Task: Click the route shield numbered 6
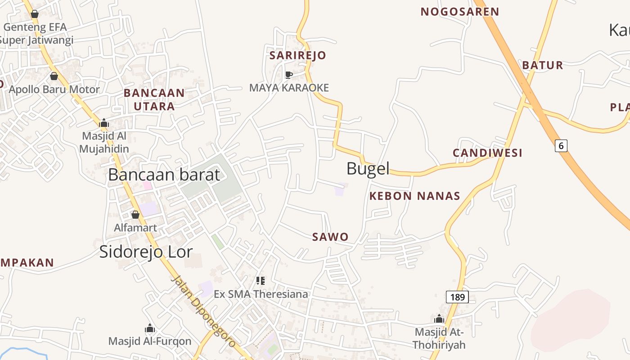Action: pyautogui.click(x=561, y=145)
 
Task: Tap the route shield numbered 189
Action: pyautogui.click(x=457, y=297)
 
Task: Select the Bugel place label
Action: pyautogui.click(x=368, y=169)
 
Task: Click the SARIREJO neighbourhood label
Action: pyautogui.click(x=297, y=55)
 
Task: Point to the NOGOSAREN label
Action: pyautogui.click(x=460, y=12)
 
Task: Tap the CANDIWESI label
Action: pyautogui.click(x=487, y=153)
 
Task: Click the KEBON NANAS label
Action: pyautogui.click(x=414, y=196)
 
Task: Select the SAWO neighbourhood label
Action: pyautogui.click(x=330, y=237)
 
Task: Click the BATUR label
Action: pyautogui.click(x=542, y=65)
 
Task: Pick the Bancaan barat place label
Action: pyautogui.click(x=164, y=175)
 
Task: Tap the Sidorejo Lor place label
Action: pyautogui.click(x=146, y=252)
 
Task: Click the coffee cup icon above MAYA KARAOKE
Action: pyautogui.click(x=289, y=74)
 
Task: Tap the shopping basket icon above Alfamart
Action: pyautogui.click(x=135, y=215)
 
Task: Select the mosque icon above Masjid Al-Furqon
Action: pyautogui.click(x=150, y=328)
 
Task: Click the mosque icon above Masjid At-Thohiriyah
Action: pyautogui.click(x=439, y=319)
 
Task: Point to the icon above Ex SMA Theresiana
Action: pyautogui.click(x=261, y=281)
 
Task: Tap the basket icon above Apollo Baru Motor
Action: pyautogui.click(x=54, y=76)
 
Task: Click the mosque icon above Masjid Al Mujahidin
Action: pyautogui.click(x=104, y=122)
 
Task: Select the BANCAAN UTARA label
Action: pyautogui.click(x=154, y=99)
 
